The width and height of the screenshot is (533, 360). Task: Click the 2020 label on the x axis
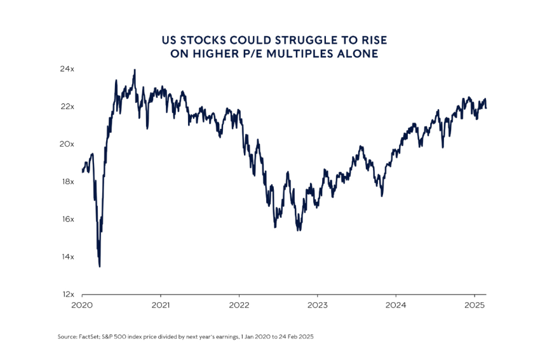click(82, 305)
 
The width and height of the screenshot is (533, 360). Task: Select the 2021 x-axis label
click(160, 305)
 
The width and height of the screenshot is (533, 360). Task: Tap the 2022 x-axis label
click(239, 305)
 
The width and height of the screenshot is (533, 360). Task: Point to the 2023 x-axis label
click(317, 305)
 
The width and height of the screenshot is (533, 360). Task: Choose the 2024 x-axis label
click(396, 305)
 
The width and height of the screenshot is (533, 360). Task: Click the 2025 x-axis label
click(475, 305)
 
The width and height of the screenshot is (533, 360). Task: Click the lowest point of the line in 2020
click(100, 266)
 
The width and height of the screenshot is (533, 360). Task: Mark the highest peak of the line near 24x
click(134, 70)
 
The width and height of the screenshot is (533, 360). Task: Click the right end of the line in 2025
click(487, 107)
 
